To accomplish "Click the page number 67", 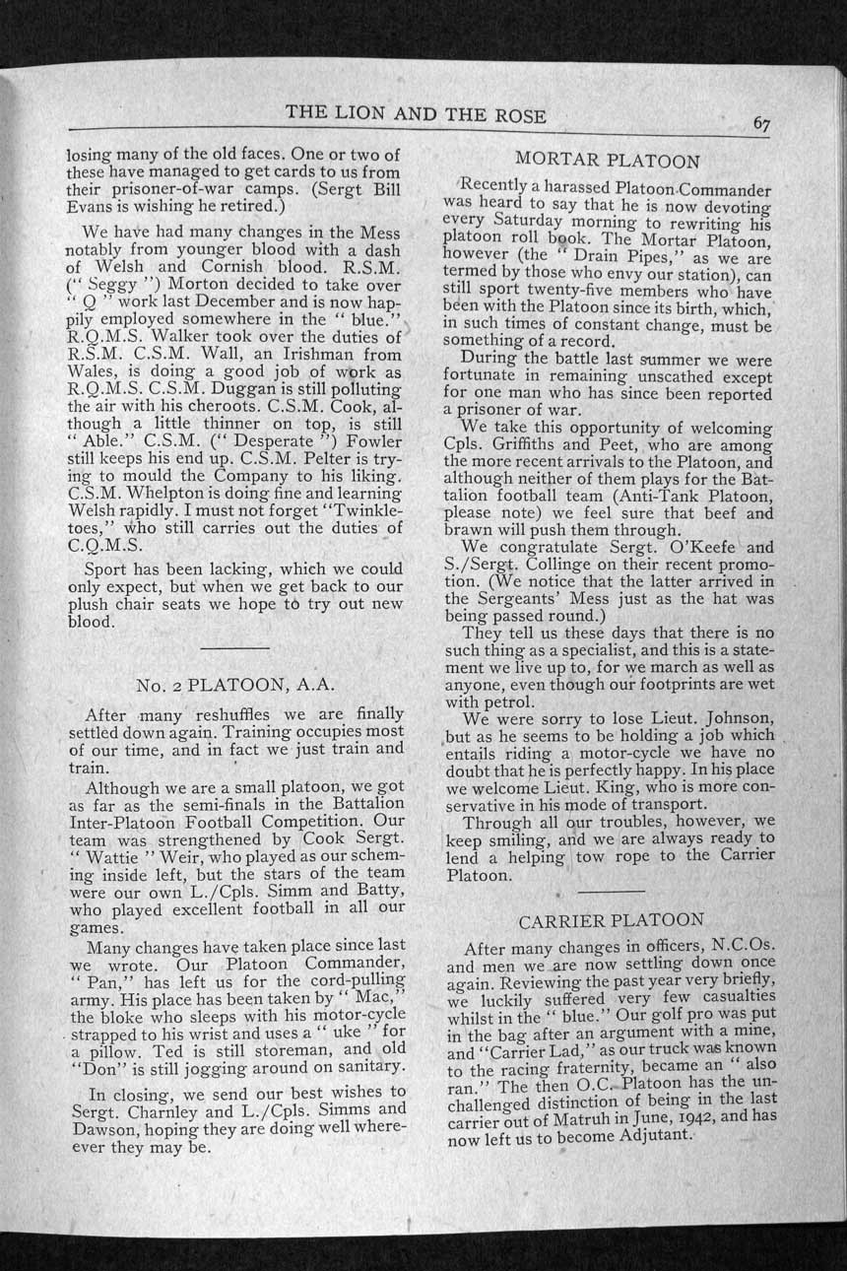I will point(761,123).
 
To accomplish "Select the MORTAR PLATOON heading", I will point(608,161).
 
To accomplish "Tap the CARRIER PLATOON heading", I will point(611,920).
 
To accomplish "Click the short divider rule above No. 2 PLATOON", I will point(234,647).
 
